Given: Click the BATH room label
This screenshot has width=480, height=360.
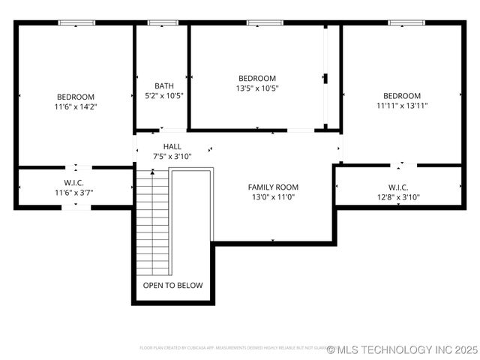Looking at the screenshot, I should (163, 85).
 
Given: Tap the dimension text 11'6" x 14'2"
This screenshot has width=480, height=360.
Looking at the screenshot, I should (76, 106).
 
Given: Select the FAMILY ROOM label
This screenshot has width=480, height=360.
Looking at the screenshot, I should (273, 187).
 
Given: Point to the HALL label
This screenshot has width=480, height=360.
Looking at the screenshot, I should (172, 146).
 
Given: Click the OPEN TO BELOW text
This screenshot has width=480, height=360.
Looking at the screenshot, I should (172, 286).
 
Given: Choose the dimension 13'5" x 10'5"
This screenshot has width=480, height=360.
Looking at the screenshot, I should (257, 88).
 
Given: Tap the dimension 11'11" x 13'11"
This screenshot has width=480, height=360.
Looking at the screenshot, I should (402, 106).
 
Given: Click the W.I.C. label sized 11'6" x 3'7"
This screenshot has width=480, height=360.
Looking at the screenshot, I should (73, 182).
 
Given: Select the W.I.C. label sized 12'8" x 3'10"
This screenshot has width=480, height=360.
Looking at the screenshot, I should (398, 187).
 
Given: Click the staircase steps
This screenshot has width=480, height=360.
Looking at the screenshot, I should (152, 225).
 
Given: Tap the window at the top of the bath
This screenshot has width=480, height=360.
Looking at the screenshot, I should (161, 22).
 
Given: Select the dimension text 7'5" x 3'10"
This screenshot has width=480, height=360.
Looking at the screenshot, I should (173, 157).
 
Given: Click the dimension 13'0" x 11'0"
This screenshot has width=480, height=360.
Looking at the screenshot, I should (273, 198).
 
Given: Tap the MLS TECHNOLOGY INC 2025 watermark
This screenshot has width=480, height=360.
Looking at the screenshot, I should (403, 349).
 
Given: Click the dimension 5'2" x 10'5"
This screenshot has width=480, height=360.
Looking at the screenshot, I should (163, 96).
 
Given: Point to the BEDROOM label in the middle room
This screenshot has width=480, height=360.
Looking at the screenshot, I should (257, 78).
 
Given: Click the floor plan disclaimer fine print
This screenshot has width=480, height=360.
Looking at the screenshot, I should (232, 348).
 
